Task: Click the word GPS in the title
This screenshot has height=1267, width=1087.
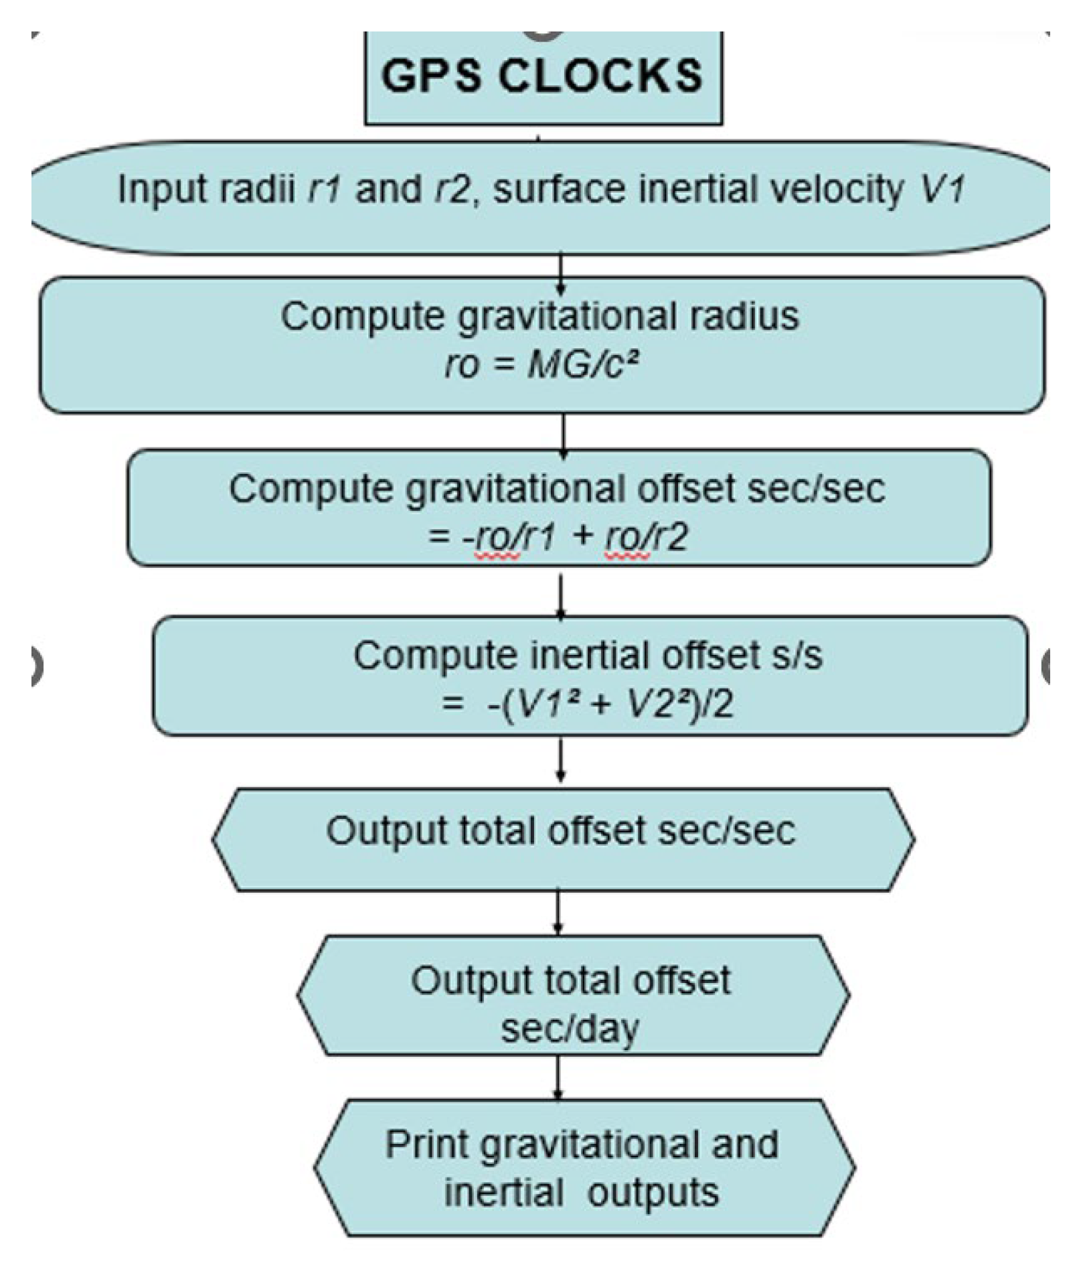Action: [x=431, y=75]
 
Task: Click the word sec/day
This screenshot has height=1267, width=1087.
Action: [x=570, y=1028]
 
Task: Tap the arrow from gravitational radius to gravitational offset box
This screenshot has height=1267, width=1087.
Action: [x=563, y=435]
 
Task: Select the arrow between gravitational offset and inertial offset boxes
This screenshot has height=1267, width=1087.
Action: [x=561, y=596]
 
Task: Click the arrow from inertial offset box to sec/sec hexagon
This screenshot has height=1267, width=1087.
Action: [x=561, y=760]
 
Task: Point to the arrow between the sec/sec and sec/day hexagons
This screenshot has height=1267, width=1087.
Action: [x=558, y=912]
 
